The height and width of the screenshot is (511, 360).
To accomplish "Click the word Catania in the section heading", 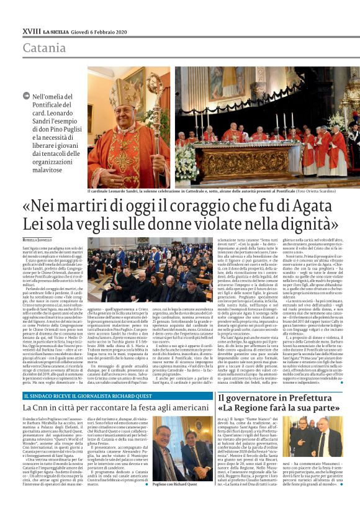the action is (x=44, y=48).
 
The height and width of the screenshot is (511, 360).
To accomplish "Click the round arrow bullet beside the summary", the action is (x=25, y=96).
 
